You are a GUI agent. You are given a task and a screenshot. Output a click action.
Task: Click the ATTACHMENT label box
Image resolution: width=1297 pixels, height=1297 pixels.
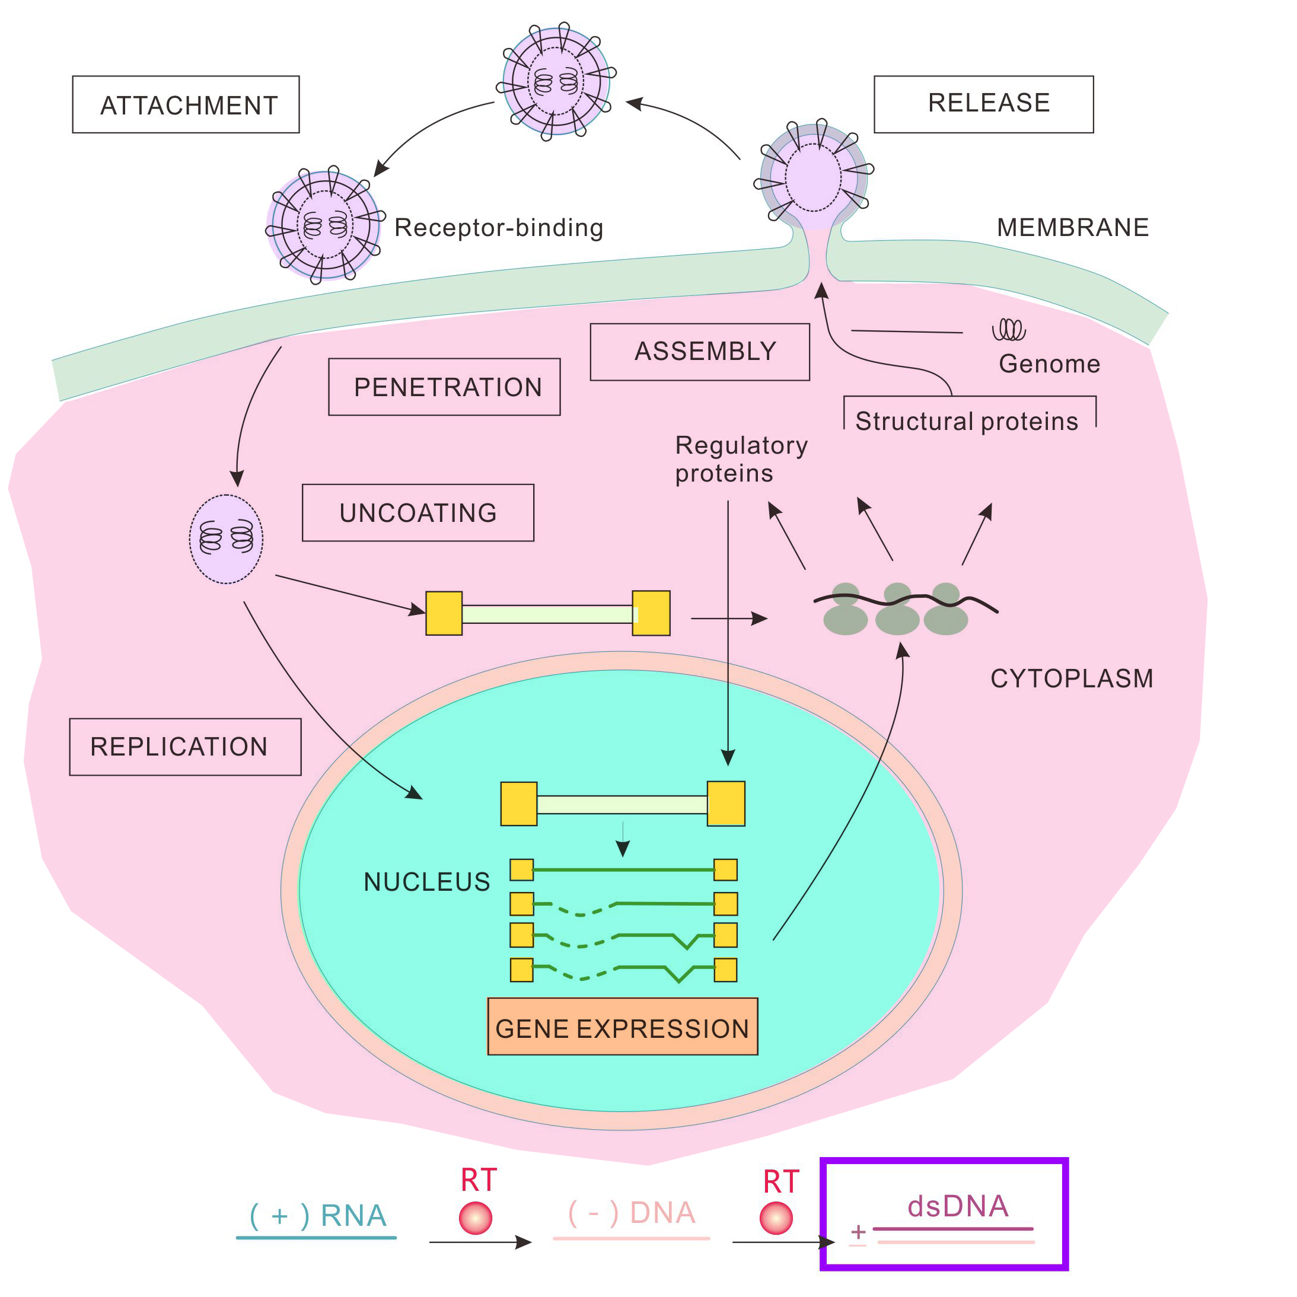click(x=186, y=105)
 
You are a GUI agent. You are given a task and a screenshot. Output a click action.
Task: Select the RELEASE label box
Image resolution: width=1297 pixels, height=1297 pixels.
click(x=983, y=104)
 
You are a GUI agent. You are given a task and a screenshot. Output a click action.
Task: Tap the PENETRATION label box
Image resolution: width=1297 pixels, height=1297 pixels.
click(x=444, y=387)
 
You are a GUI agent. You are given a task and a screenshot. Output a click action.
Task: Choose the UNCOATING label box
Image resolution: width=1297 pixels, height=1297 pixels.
click(x=418, y=513)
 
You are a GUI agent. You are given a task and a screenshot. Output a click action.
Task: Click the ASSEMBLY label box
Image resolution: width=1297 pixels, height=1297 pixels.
click(x=700, y=352)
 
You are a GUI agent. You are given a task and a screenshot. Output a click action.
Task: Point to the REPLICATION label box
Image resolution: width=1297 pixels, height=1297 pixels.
click(x=185, y=747)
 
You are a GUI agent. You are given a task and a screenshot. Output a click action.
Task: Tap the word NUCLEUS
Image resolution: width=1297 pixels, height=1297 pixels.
click(x=427, y=881)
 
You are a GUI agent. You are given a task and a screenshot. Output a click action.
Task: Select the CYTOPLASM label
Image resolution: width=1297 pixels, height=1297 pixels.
click(x=1072, y=678)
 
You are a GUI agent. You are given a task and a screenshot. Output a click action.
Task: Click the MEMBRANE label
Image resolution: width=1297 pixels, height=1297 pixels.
click(x=1073, y=228)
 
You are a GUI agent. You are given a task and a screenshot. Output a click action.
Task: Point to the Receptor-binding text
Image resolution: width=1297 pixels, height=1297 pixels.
click(x=499, y=228)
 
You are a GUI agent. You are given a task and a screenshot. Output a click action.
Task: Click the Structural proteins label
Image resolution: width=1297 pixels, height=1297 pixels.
click(x=967, y=421)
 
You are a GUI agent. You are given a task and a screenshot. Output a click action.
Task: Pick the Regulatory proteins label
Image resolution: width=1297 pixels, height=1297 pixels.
click(x=741, y=459)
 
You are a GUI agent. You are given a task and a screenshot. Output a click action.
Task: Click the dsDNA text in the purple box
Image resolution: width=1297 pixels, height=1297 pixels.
click(x=958, y=1206)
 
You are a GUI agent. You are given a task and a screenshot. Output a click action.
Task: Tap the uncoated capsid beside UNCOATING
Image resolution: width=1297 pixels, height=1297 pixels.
click(x=226, y=539)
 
